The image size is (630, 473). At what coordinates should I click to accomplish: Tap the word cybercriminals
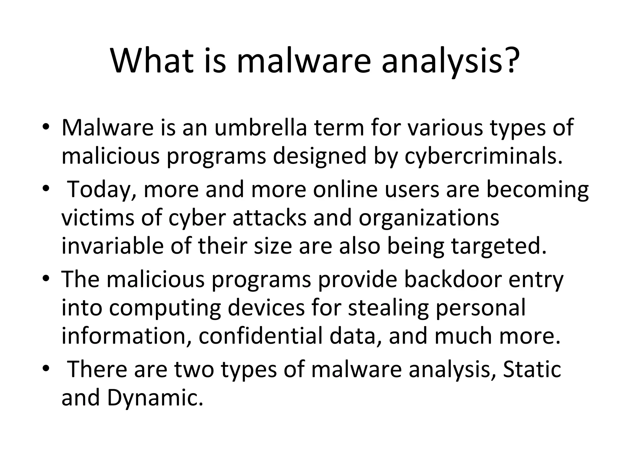[484, 156]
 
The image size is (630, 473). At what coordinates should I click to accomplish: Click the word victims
[98, 218]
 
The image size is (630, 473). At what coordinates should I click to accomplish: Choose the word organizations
[429, 218]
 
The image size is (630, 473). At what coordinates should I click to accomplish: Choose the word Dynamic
[155, 398]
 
